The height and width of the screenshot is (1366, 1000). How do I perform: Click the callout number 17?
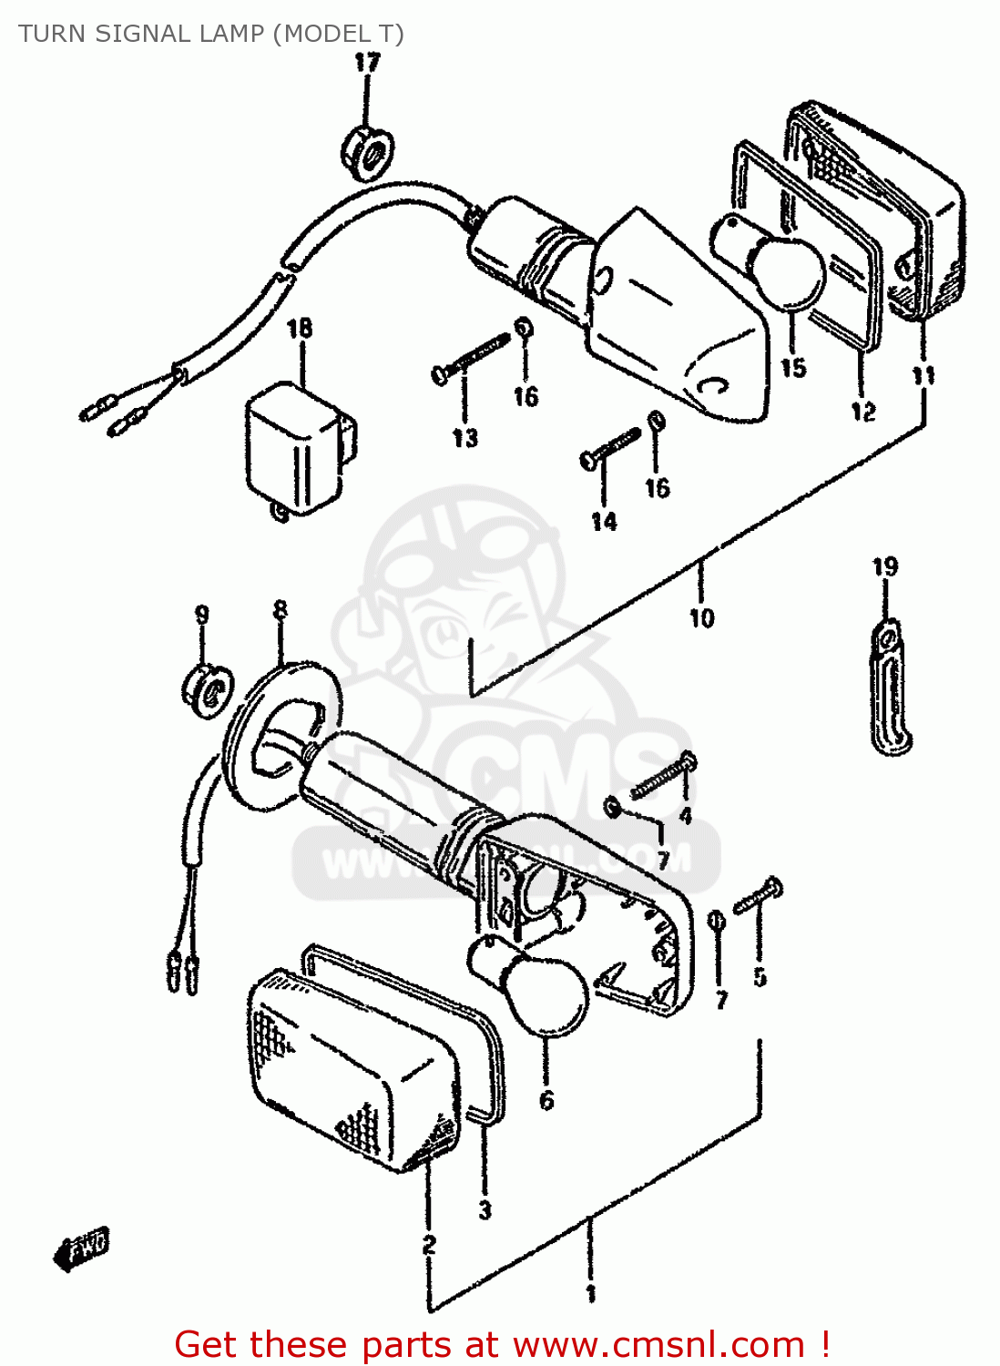[x=366, y=64]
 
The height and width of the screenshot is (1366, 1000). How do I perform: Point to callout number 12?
[x=862, y=412]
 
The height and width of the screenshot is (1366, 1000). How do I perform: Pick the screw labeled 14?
[x=611, y=449]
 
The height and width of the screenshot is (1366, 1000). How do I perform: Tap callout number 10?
[x=701, y=618]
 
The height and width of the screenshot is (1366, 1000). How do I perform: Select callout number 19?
[x=885, y=567]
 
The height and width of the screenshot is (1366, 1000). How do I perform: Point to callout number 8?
[x=281, y=608]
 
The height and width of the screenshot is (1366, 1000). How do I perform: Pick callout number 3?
[x=485, y=1209]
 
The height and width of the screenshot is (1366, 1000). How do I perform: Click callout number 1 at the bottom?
[x=590, y=1293]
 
